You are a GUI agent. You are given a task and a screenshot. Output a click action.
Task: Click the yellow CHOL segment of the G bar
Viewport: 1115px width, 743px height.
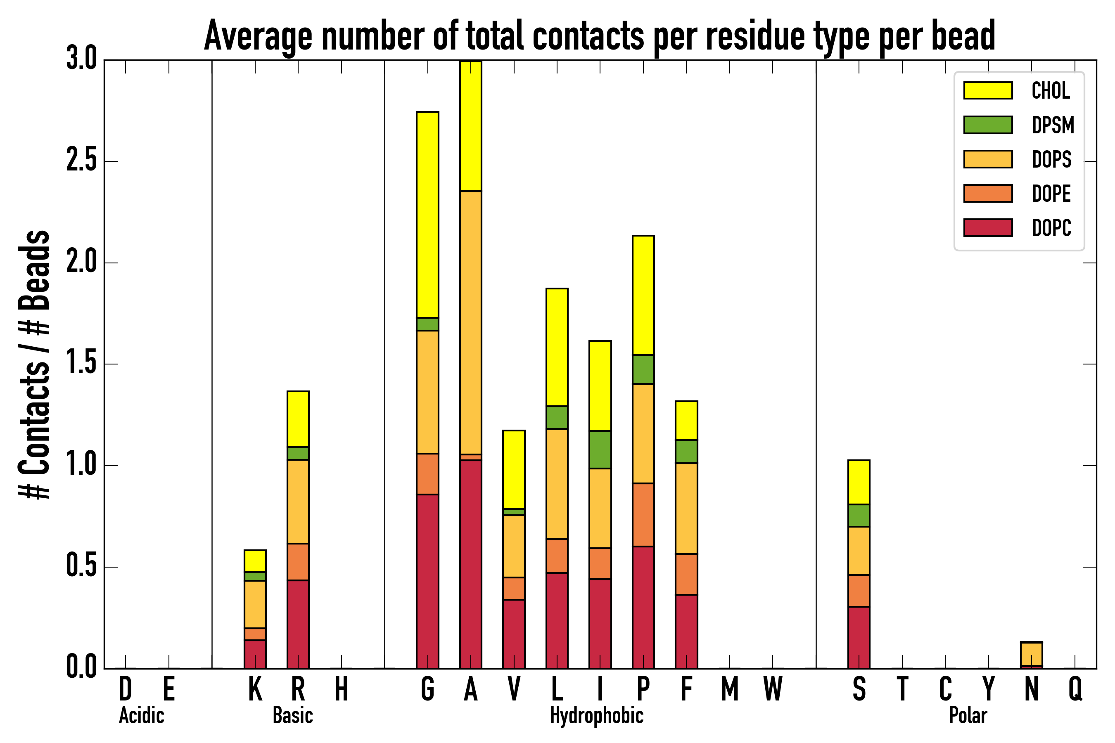click(x=427, y=214)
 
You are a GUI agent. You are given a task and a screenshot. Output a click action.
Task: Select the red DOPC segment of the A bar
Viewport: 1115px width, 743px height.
click(x=470, y=564)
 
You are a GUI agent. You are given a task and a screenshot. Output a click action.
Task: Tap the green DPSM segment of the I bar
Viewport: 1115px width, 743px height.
click(x=600, y=450)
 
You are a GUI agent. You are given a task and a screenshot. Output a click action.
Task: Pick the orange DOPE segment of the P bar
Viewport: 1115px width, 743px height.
click(x=643, y=515)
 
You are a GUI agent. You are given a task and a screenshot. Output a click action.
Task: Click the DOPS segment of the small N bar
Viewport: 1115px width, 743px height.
click(x=1031, y=654)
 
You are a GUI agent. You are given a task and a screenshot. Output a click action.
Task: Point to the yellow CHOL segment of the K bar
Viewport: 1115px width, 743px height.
click(x=255, y=561)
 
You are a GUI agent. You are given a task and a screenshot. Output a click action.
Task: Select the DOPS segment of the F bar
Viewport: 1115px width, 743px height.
click(x=686, y=509)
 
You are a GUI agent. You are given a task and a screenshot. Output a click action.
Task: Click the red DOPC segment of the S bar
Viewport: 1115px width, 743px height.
click(x=859, y=637)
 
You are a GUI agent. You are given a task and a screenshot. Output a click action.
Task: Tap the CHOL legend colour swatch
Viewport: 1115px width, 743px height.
click(x=988, y=90)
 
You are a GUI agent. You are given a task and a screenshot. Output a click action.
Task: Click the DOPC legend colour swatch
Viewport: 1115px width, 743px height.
click(x=988, y=227)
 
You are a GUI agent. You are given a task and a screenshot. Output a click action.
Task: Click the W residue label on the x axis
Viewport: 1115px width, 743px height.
click(x=773, y=689)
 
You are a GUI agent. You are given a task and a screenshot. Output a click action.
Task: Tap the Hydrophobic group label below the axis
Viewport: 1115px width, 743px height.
click(x=596, y=715)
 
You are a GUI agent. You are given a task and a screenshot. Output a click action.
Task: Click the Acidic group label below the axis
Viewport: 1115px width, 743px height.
click(x=141, y=715)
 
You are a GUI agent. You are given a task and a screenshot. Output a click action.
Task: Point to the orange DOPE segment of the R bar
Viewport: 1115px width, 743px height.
click(x=298, y=561)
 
